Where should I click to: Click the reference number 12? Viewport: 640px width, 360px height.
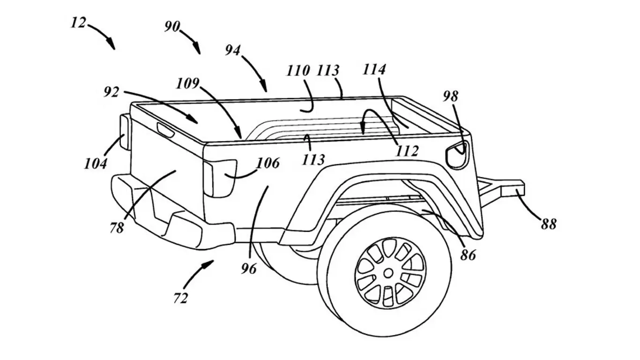[78, 22]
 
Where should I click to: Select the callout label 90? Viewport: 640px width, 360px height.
[172, 27]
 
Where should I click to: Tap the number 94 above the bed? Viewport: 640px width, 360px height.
[233, 50]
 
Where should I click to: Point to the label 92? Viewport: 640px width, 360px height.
[112, 91]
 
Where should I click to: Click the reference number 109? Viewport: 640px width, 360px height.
[187, 83]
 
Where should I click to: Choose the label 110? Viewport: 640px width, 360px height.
[298, 71]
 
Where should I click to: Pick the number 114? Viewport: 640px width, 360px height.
[374, 70]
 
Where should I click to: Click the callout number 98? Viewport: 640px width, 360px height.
[451, 96]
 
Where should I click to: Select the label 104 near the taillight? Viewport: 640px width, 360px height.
[96, 164]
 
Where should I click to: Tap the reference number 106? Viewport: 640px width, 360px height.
[268, 163]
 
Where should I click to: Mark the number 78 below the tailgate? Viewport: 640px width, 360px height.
[117, 228]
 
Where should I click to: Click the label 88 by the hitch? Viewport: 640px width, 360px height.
[548, 224]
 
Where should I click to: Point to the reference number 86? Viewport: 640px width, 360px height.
[468, 255]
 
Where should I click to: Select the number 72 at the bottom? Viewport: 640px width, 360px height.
[181, 298]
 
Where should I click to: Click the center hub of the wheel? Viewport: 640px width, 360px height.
[388, 272]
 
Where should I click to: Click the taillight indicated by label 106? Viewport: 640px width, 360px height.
[220, 178]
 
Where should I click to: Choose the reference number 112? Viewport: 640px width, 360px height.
[407, 150]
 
